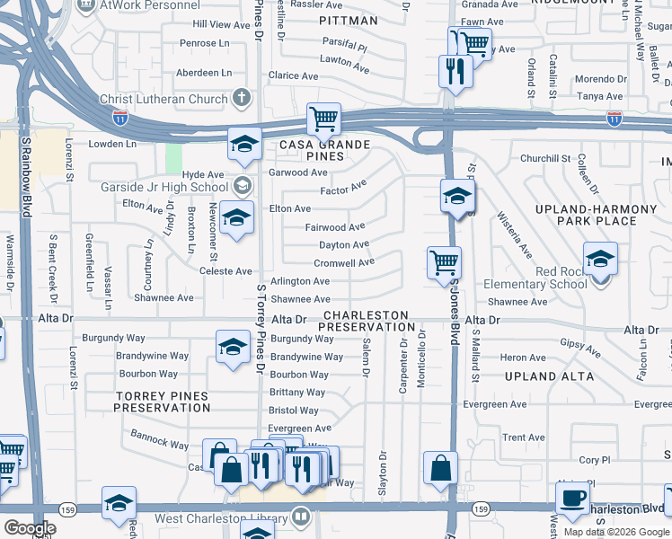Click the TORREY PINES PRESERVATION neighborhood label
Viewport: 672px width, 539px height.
click(x=162, y=402)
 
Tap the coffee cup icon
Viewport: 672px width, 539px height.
click(x=571, y=497)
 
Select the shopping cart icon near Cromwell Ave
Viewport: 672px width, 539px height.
click(x=444, y=262)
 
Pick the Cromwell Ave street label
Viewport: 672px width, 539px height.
click(x=344, y=263)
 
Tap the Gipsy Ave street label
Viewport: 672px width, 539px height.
click(x=579, y=343)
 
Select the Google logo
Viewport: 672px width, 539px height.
click(x=31, y=528)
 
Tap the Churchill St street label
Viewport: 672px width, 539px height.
click(x=545, y=159)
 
